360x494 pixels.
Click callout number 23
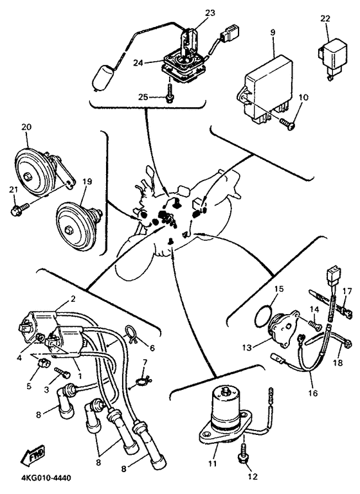click(210, 13)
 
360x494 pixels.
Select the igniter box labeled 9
click(269, 89)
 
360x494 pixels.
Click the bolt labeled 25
click(170, 93)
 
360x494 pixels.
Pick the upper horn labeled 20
click(44, 170)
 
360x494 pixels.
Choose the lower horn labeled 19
click(79, 227)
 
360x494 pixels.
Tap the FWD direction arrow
click(33, 455)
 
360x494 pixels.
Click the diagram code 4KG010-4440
click(46, 478)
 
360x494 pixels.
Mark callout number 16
click(313, 393)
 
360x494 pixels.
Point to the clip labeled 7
click(142, 382)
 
